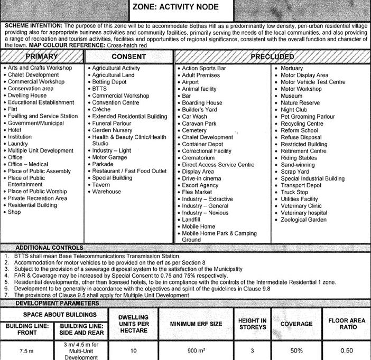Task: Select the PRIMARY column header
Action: pos(41,57)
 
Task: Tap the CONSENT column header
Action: pos(129,57)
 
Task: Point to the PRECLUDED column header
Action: pos(272,56)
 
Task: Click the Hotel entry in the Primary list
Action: pos(14,130)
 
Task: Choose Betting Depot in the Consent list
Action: pos(110,82)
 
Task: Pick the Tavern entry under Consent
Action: pos(101,185)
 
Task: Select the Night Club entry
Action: pos(294,110)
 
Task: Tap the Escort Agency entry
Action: pos(200,185)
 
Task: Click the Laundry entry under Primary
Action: pos(18,144)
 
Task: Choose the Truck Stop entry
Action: pos(294,192)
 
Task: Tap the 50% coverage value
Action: pos(296,350)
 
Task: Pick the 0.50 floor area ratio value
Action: pos(347,350)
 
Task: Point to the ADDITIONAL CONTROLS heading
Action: pos(49,248)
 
